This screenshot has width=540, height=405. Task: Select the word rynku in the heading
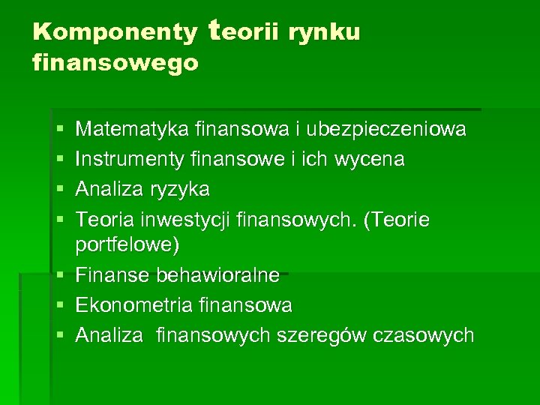coord(327,32)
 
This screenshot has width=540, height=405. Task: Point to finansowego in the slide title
coord(116,62)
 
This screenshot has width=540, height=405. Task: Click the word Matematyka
coord(132,130)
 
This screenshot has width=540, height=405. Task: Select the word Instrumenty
coord(132,159)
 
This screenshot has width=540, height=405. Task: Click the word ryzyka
coord(179,188)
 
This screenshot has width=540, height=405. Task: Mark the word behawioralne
coord(217,275)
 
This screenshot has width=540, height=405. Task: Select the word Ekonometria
coord(133,305)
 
